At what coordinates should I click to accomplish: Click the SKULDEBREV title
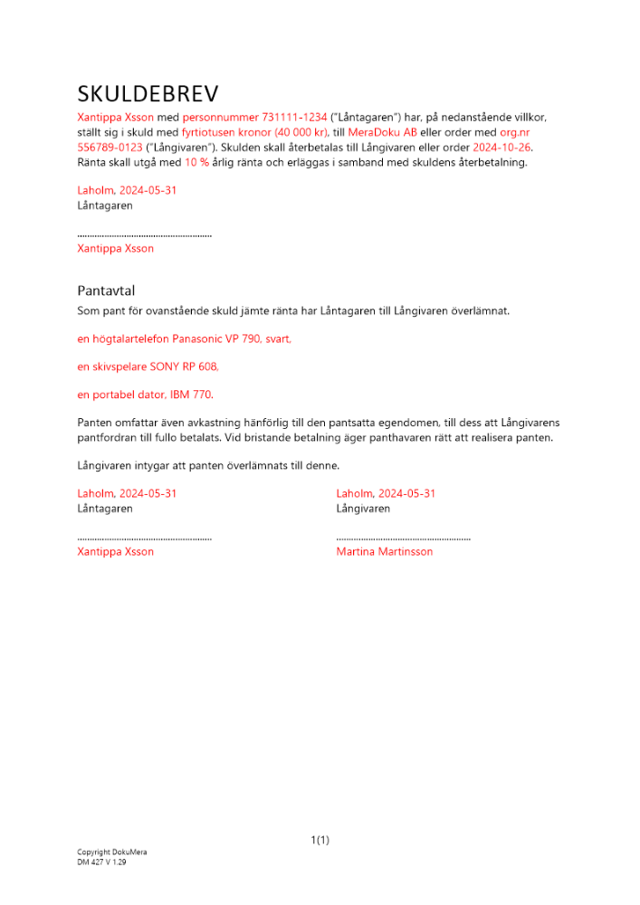click(x=148, y=94)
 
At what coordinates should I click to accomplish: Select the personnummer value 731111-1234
click(x=294, y=118)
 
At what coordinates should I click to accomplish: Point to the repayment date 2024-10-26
click(x=502, y=148)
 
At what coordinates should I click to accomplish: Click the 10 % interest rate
click(x=197, y=163)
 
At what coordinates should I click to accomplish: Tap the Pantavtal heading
click(x=106, y=291)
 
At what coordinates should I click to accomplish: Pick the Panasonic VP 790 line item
click(x=185, y=338)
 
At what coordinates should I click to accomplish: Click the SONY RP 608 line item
click(x=148, y=367)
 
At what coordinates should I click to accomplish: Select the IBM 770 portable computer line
click(x=146, y=395)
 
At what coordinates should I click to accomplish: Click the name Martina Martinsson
click(x=384, y=551)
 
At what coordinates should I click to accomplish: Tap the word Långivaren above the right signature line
click(x=363, y=509)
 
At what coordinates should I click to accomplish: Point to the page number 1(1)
click(x=320, y=840)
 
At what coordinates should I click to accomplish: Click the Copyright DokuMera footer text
click(x=111, y=853)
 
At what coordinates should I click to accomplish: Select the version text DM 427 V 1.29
click(x=101, y=862)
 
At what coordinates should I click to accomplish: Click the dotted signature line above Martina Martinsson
click(x=403, y=538)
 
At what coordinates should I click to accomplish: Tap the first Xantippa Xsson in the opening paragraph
click(x=116, y=118)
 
